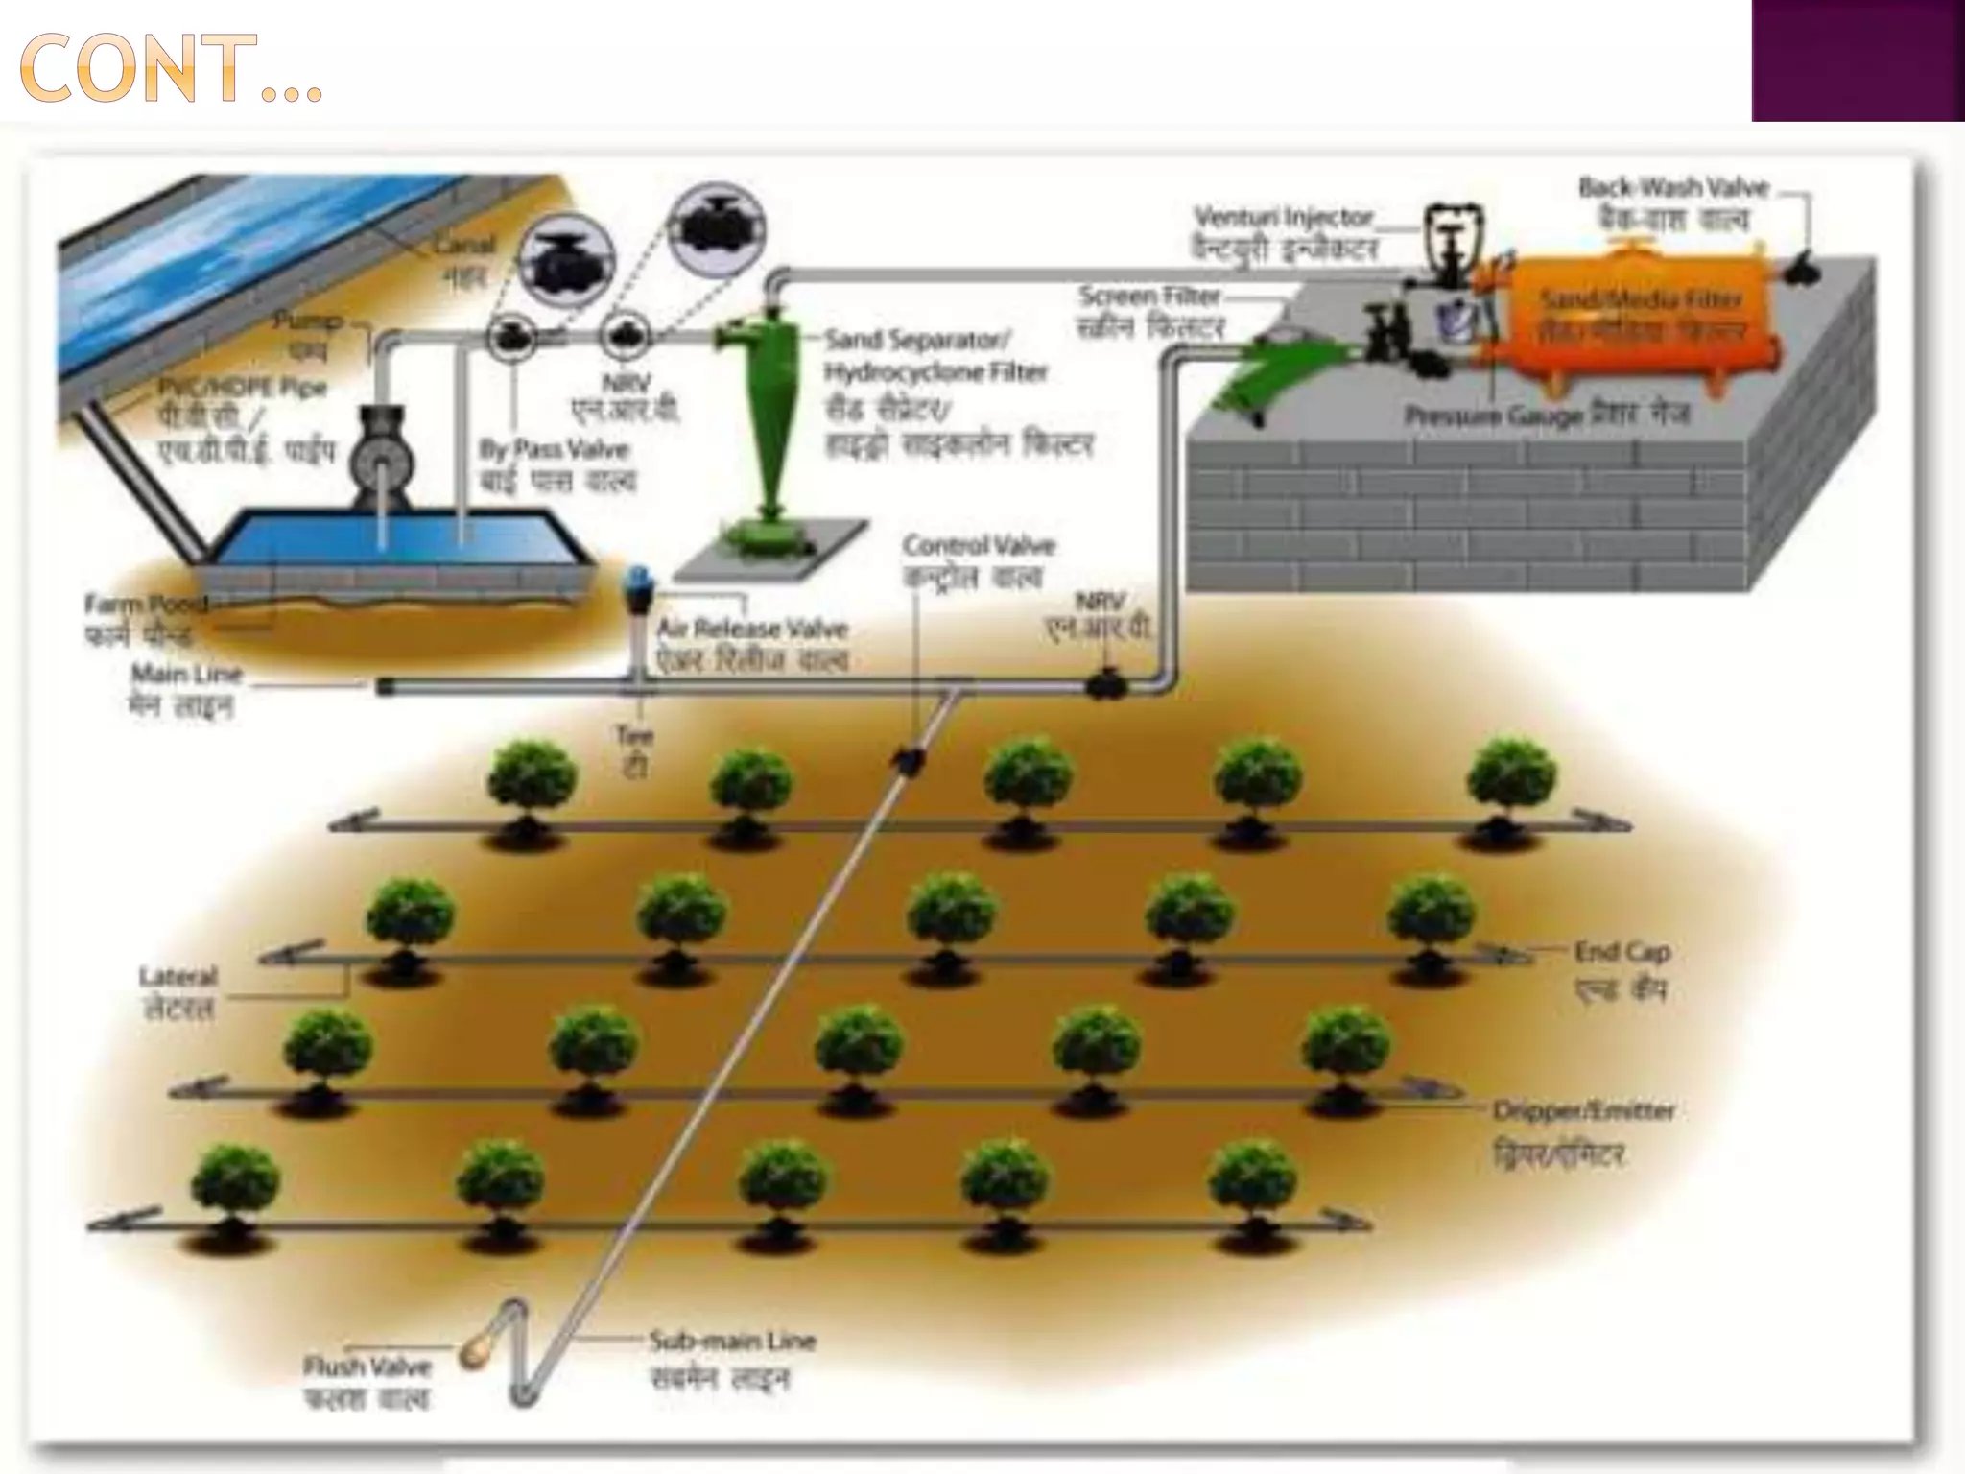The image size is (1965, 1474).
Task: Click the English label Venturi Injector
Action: (x=1284, y=217)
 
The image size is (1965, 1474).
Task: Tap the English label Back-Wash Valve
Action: (x=1673, y=187)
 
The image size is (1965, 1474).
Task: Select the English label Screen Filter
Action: (x=1149, y=296)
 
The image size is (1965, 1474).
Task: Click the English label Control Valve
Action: (x=979, y=546)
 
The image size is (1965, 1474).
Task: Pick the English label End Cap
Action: (x=1622, y=952)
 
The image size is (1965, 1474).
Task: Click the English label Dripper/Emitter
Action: (x=1583, y=1111)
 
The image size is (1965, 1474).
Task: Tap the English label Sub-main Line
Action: (x=732, y=1340)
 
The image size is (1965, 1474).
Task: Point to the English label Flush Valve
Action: (x=367, y=1366)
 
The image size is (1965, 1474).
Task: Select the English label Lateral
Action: (x=178, y=977)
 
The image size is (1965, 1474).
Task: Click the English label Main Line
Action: (x=186, y=674)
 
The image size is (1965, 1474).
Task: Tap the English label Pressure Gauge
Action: (x=1493, y=416)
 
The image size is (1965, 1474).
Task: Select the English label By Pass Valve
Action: (x=554, y=449)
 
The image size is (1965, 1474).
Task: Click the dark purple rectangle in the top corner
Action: (x=1858, y=59)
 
